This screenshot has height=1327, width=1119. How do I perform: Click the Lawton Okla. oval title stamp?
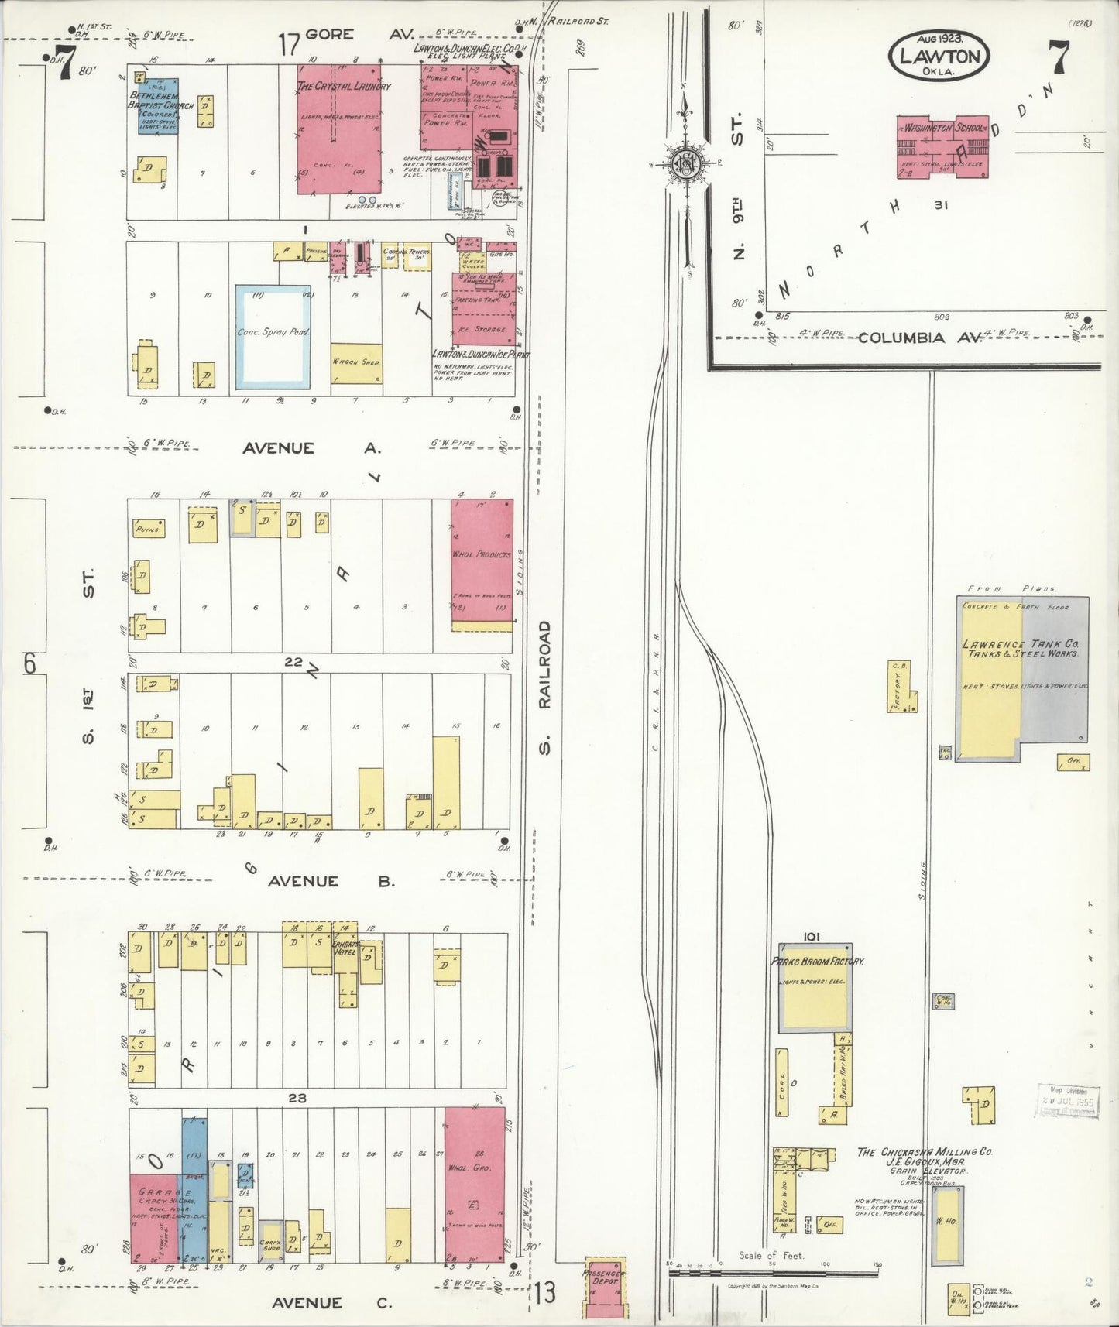(939, 56)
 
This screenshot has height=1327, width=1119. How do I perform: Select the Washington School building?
(942, 146)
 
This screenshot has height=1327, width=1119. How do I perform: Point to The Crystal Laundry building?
(338, 129)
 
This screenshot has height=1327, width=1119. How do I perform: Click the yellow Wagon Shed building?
(356, 363)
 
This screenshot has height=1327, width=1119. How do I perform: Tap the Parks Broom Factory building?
(815, 988)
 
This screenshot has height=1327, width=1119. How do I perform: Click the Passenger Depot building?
(604, 1286)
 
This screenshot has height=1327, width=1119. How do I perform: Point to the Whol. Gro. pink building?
(475, 1185)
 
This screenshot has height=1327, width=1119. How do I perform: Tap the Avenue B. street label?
(331, 881)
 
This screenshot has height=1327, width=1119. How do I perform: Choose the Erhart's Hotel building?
(345, 964)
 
